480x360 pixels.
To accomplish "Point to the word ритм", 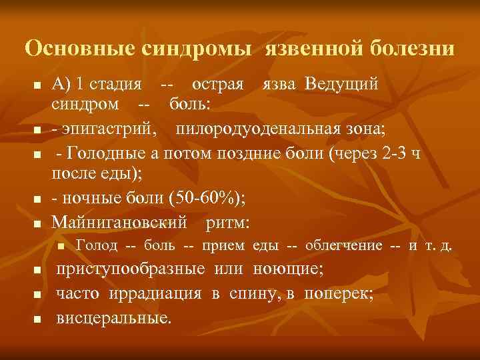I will [227, 221].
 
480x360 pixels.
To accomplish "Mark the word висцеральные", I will [113, 317].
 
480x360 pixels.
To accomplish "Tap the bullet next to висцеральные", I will [38, 318].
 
